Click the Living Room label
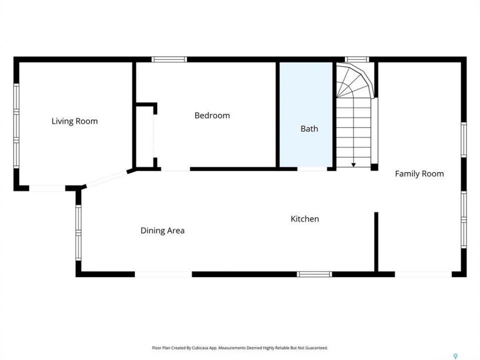pyautogui.click(x=74, y=121)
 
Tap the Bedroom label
pyautogui.click(x=212, y=115)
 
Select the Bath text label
pyautogui.click(x=309, y=128)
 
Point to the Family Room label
pyautogui.click(x=419, y=174)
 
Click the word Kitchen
pyautogui.click(x=305, y=219)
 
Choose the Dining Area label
pyautogui.click(x=162, y=230)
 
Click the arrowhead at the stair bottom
pyautogui.click(x=353, y=165)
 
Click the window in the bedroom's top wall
pyautogui.click(x=169, y=59)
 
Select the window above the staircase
pyautogui.click(x=357, y=59)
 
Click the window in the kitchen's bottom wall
pyautogui.click(x=314, y=274)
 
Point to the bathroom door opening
pyautogui.click(x=312, y=168)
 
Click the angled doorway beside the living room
pyautogui.click(x=106, y=179)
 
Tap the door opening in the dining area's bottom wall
pyautogui.click(x=163, y=274)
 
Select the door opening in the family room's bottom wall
pyautogui.click(x=423, y=274)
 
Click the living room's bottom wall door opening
pyautogui.click(x=47, y=188)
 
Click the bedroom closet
pyautogui.click(x=144, y=136)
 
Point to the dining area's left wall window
pyautogui.click(x=78, y=232)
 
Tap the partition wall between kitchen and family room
pyautogui.click(x=376, y=242)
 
